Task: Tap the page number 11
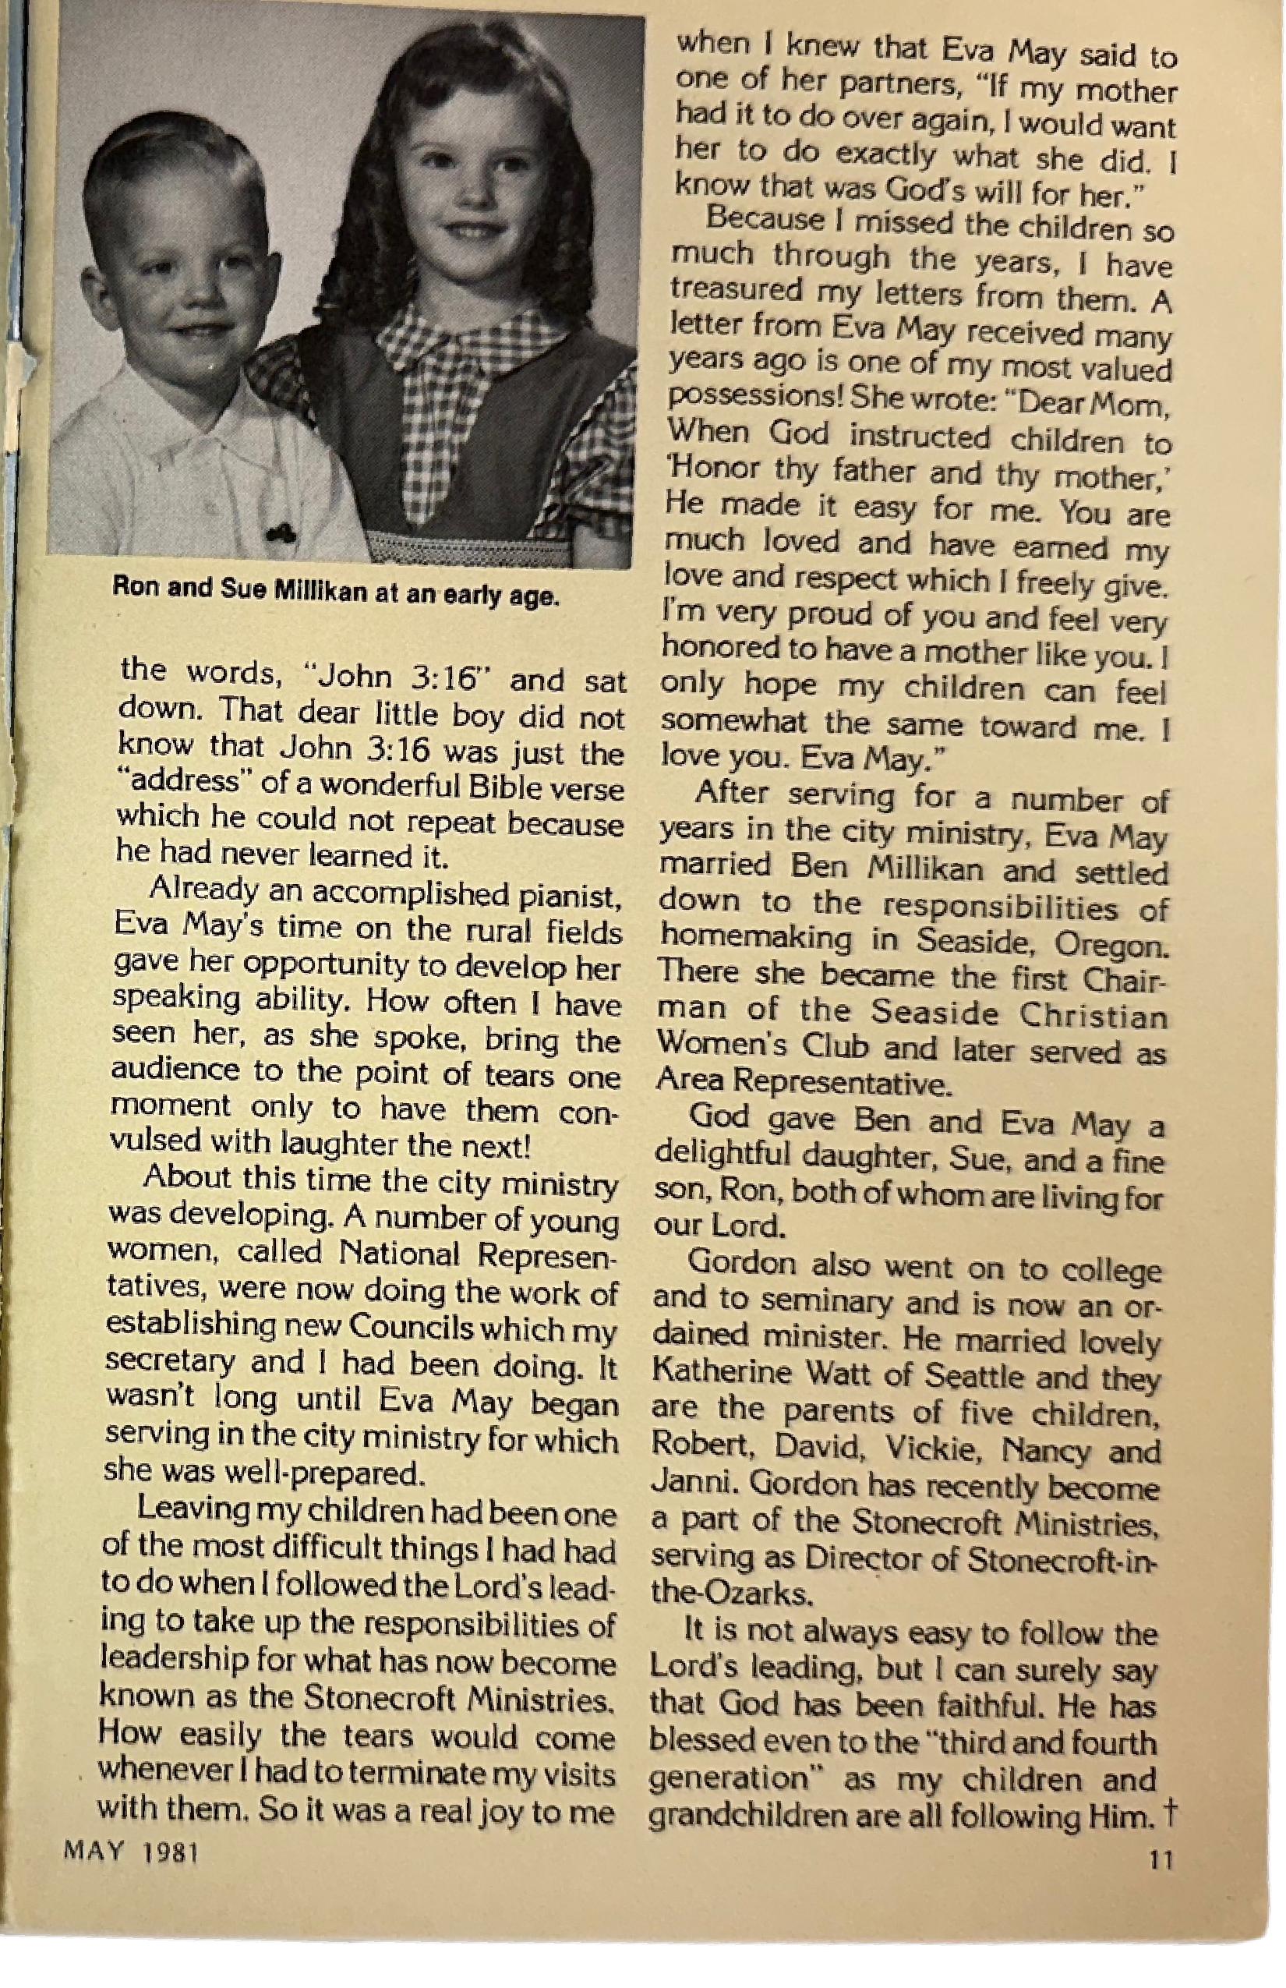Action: tap(1161, 1860)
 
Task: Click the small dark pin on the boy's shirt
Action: tap(281, 531)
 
